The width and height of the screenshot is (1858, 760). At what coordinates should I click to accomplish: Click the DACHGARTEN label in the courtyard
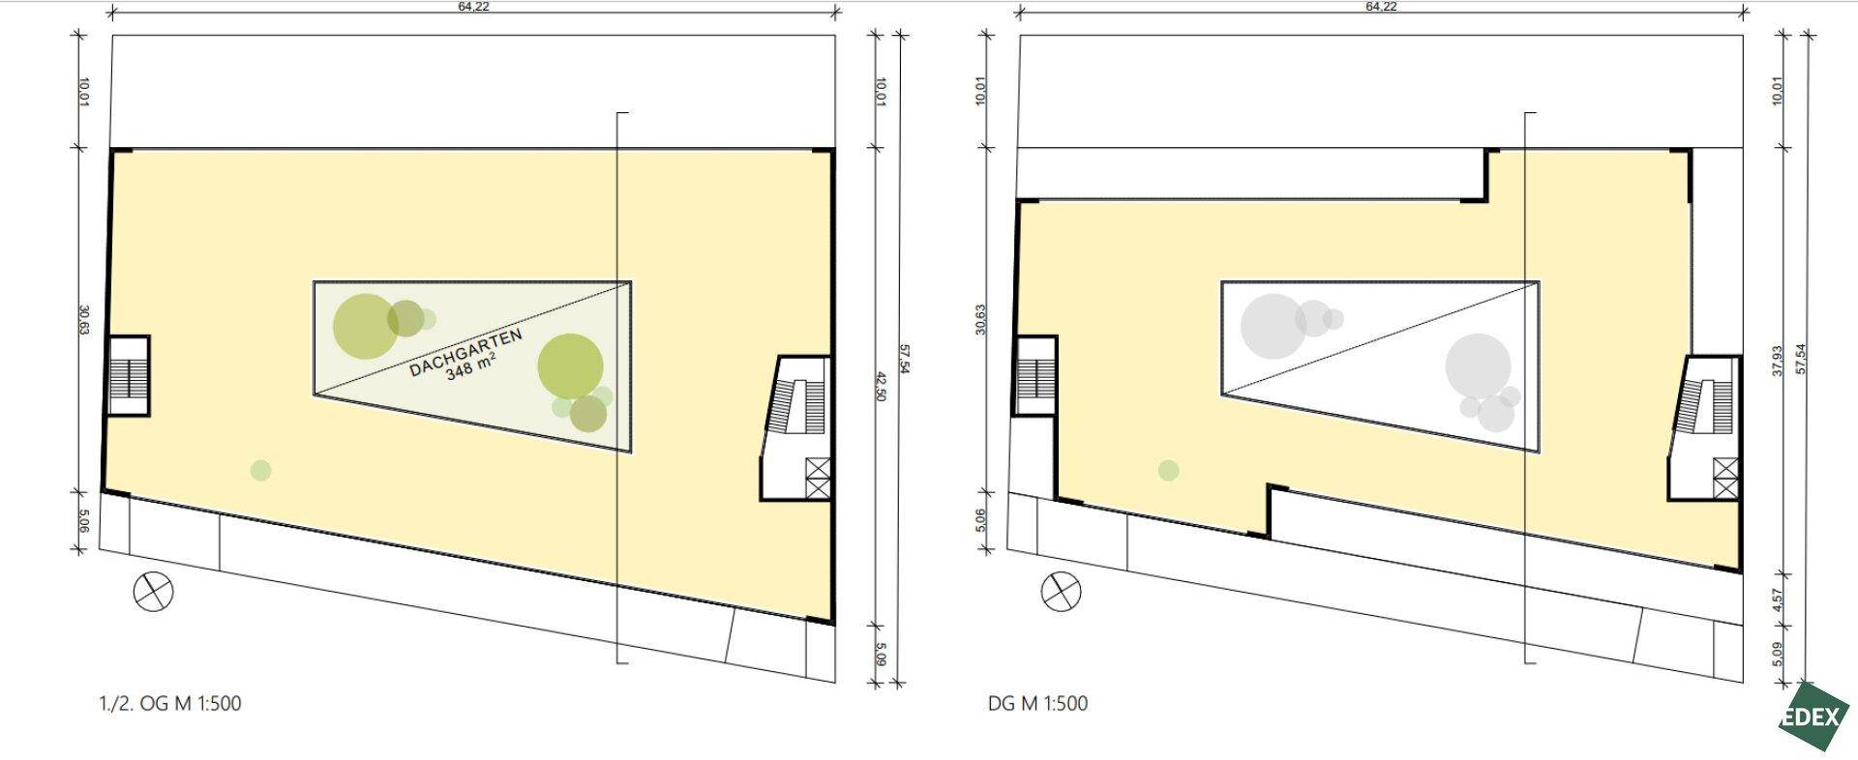tap(465, 352)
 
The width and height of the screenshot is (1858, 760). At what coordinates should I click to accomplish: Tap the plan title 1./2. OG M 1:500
tap(170, 704)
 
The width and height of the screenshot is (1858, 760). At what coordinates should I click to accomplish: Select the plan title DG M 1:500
tap(1037, 704)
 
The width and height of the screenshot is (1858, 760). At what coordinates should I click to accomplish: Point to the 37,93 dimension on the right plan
tap(1777, 360)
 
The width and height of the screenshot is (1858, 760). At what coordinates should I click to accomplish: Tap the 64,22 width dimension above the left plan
tap(474, 7)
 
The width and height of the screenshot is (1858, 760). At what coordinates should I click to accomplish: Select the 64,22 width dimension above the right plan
tap(1381, 7)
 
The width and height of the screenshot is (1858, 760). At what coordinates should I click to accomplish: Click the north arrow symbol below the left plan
tap(153, 592)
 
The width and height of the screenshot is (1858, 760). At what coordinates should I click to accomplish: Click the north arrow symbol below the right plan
tap(1061, 592)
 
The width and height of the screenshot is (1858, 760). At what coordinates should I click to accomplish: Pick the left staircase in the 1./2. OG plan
tap(127, 376)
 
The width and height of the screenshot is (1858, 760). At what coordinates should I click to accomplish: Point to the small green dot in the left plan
tap(260, 471)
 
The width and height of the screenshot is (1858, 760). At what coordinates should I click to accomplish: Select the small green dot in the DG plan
tap(1168, 471)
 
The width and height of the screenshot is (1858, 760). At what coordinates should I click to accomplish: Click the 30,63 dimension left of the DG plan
tap(980, 319)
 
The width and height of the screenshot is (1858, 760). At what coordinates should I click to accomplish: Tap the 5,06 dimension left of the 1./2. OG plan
tap(82, 522)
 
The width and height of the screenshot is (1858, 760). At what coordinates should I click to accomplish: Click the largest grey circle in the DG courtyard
tap(1478, 365)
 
